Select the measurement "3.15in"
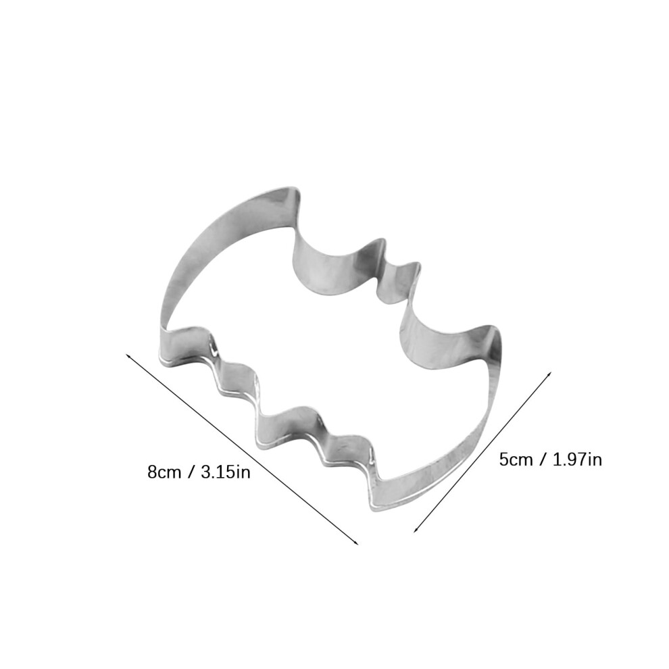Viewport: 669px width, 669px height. point(225,472)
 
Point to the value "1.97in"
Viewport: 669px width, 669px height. point(577,460)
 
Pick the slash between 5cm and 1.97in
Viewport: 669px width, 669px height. point(543,460)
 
